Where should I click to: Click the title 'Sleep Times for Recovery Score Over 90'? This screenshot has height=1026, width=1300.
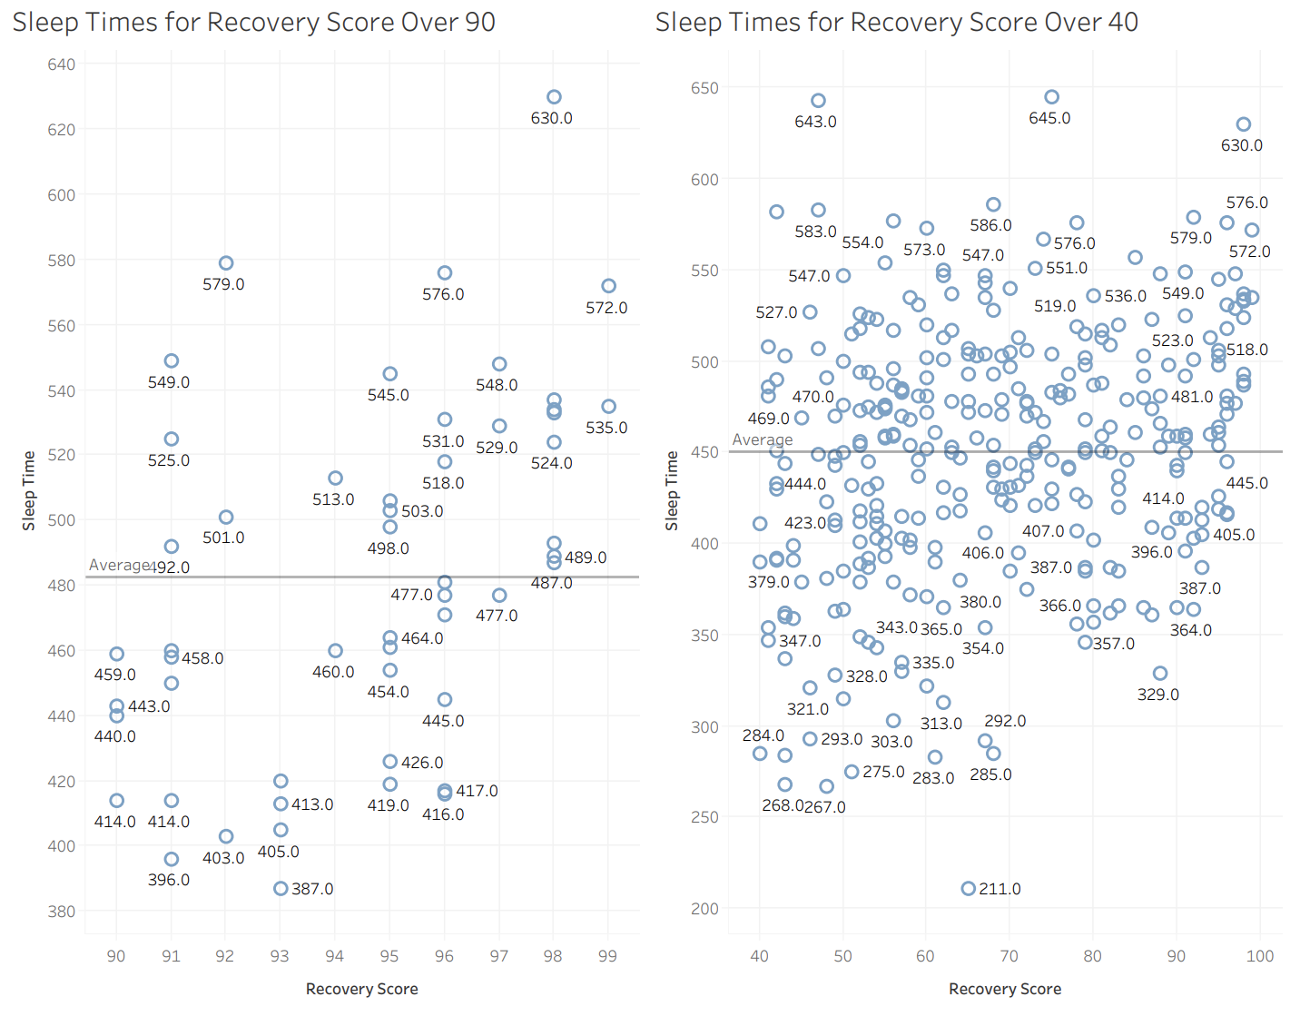pos(254,22)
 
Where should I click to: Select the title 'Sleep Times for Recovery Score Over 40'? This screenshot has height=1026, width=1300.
pos(896,22)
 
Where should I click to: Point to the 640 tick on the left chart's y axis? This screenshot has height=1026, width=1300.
pos(61,64)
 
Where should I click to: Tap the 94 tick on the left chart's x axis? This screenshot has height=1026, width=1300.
pos(334,955)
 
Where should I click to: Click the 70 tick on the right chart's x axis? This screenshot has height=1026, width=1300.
pos(1009,955)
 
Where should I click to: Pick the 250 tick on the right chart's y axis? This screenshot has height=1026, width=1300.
pos(704,817)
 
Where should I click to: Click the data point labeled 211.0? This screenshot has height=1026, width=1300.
pos(968,888)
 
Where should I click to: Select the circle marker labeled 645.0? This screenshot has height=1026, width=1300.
pos(1051,97)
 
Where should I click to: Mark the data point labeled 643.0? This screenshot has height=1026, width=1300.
pos(818,101)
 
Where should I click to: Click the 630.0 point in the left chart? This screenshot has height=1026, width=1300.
pos(554,97)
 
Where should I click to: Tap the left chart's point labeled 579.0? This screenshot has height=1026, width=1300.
pos(226,263)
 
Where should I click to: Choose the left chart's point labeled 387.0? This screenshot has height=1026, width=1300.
pos(281,888)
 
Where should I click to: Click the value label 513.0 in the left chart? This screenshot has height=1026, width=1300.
pos(333,499)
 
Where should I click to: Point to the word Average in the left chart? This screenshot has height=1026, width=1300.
pos(118,565)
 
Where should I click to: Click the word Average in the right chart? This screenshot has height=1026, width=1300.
pos(762,439)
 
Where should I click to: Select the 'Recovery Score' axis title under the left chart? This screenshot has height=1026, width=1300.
pos(361,989)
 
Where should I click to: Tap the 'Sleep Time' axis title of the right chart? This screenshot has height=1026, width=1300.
pos(672,490)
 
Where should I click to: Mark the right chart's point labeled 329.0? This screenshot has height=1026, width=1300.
pos(1159,673)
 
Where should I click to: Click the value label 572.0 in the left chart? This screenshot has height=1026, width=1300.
pos(606,308)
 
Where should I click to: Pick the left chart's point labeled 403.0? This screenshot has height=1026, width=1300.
pos(226,836)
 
